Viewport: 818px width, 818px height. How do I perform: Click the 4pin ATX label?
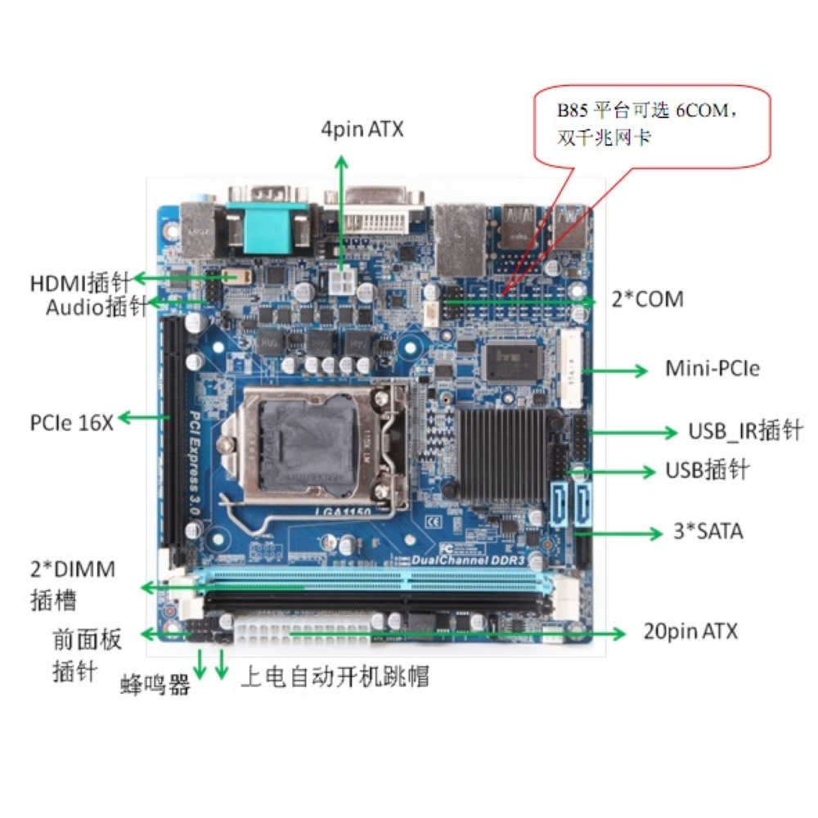(362, 129)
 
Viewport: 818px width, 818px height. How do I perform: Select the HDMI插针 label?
(80, 283)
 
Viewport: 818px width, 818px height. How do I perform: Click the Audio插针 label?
(97, 307)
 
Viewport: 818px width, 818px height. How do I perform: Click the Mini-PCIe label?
(712, 368)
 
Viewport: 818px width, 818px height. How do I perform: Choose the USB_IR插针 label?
(745, 431)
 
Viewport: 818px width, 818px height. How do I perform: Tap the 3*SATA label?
(708, 531)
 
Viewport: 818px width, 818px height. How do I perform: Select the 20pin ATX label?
(690, 631)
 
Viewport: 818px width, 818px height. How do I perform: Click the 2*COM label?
(647, 299)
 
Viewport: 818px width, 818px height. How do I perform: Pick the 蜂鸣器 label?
(155, 684)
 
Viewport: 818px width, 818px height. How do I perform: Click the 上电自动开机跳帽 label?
(335, 676)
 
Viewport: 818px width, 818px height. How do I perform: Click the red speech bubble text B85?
(573, 110)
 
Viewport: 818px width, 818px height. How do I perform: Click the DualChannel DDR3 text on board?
(467, 560)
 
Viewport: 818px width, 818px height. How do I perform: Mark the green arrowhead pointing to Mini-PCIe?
(640, 371)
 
